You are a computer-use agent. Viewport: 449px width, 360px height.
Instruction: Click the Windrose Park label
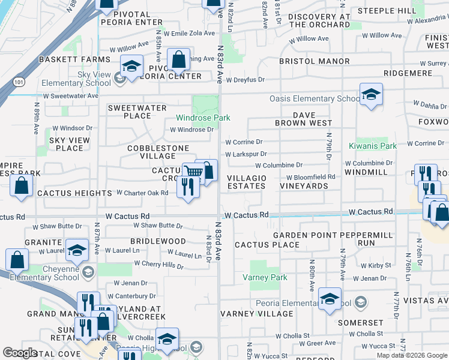pyautogui.click(x=203, y=118)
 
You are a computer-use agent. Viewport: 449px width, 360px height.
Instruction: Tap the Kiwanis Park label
pyautogui.click(x=373, y=146)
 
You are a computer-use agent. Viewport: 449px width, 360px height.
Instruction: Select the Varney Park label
pyautogui.click(x=265, y=277)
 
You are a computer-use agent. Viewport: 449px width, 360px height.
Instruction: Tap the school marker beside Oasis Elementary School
pyautogui.click(x=372, y=95)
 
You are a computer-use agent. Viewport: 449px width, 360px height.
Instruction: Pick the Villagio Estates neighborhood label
pyautogui.click(x=247, y=182)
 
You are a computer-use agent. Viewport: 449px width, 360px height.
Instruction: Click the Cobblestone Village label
pyautogui.click(x=158, y=152)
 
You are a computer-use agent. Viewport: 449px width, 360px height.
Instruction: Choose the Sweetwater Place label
pyautogui.click(x=128, y=112)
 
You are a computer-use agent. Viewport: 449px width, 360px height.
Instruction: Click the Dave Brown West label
pyautogui.click(x=304, y=119)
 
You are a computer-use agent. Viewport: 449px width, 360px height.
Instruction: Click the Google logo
pyautogui.click(x=20, y=352)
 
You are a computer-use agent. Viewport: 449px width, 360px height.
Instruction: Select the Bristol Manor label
pyautogui.click(x=315, y=61)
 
